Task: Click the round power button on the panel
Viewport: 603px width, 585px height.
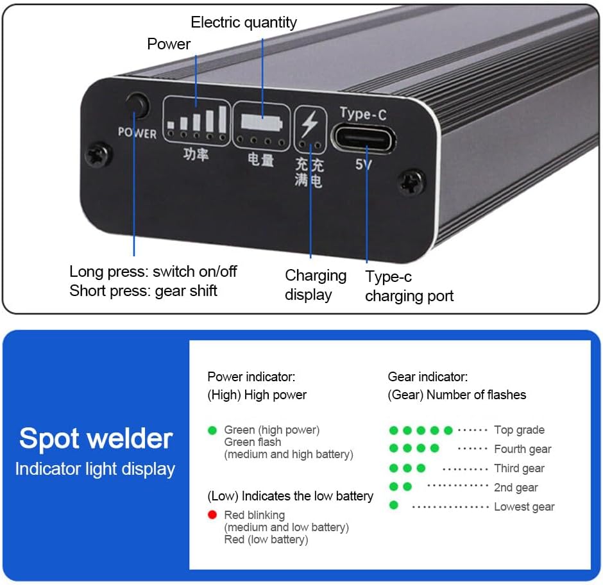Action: [x=137, y=104]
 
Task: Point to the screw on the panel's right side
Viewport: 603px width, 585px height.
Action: [x=411, y=182]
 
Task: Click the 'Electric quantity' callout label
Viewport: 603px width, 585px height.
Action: [x=244, y=22]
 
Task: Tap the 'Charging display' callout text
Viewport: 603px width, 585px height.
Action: [x=315, y=285]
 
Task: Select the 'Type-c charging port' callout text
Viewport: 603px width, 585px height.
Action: [x=409, y=286]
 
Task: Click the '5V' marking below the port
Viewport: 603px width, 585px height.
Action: [x=364, y=164]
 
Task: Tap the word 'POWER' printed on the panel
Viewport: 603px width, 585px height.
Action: [x=137, y=133]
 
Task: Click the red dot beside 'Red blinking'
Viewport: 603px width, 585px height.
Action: [x=212, y=515]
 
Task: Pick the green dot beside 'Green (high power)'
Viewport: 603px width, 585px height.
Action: [x=212, y=430]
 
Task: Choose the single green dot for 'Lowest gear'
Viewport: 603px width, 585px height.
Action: [x=394, y=506]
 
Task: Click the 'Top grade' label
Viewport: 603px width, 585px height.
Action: [x=519, y=430]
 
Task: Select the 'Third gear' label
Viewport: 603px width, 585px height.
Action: [x=519, y=468]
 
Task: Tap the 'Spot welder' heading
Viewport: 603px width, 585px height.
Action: [x=96, y=439]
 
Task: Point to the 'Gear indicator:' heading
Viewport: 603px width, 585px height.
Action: [x=428, y=377]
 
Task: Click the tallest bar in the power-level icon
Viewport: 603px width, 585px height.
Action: [x=223, y=119]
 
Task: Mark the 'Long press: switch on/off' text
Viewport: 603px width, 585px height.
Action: [x=153, y=272]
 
